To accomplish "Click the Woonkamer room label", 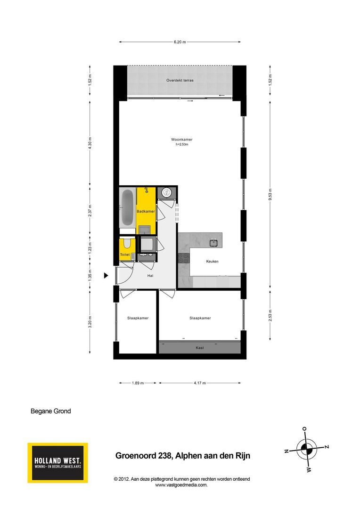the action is [182, 140].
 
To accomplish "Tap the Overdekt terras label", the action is [180, 80].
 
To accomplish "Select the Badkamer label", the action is [146, 211].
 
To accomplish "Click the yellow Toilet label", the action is [125, 255].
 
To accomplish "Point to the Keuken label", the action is [213, 261].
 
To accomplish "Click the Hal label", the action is [150, 276].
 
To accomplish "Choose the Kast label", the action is [200, 348].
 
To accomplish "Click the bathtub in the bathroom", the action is [127, 208].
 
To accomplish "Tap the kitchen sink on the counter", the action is [213, 243].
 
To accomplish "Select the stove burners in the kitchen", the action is [184, 258].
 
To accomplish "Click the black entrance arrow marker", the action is [106, 276].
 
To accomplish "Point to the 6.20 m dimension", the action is [180, 42].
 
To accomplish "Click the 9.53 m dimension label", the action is [270, 195].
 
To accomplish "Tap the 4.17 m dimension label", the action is [200, 383].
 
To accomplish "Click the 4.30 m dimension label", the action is [90, 143].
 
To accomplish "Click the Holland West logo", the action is [58, 463].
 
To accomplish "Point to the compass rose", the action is [307, 450].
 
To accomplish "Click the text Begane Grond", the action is [50, 411].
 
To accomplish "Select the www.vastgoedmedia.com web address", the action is [181, 485].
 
